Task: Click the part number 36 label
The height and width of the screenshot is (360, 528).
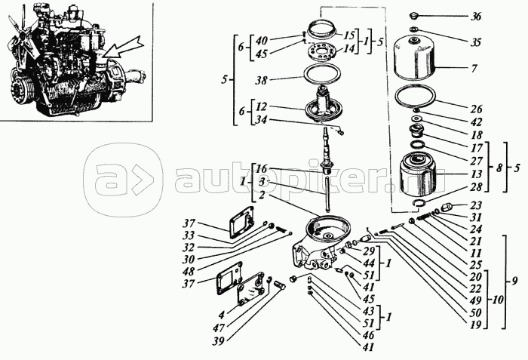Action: (476, 17)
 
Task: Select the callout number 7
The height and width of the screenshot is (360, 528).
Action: (474, 69)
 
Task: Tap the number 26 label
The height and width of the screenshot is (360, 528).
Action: (476, 109)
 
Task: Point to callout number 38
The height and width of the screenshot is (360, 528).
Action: (262, 80)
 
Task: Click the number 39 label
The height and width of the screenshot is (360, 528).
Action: (218, 341)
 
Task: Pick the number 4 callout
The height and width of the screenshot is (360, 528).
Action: (221, 315)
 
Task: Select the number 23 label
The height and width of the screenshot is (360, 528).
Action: (476, 205)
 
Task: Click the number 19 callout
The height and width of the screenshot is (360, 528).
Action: (475, 325)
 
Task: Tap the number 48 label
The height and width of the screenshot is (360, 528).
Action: (189, 271)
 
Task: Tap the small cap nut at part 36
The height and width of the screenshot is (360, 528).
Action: (413, 16)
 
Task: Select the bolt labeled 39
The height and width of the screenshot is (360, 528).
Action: (280, 285)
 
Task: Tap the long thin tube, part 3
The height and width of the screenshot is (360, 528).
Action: (327, 194)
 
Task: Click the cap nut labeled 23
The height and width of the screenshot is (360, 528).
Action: (447, 205)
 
